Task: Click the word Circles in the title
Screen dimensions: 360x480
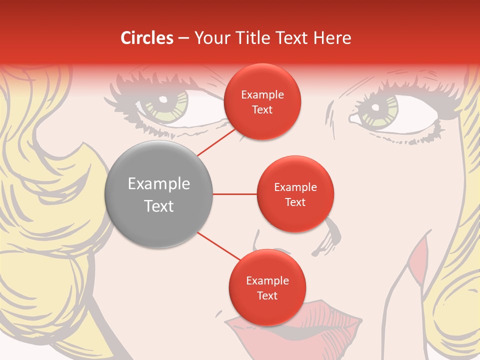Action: click(x=147, y=38)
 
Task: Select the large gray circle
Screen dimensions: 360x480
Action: click(x=158, y=194)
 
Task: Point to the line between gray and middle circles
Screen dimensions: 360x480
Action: click(x=234, y=194)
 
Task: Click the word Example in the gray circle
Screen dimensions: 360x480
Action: click(x=158, y=184)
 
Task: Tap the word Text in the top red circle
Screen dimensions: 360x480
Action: click(x=262, y=109)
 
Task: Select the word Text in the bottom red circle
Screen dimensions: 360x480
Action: click(x=267, y=295)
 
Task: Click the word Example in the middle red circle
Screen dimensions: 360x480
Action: click(x=295, y=187)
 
